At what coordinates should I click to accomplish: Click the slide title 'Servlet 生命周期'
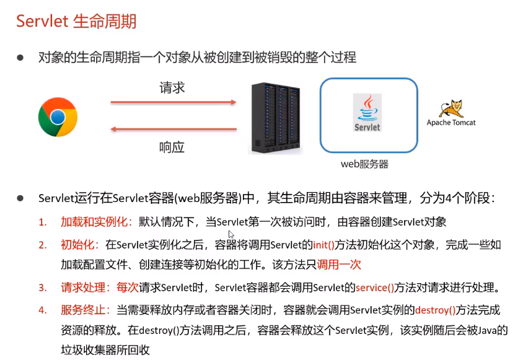(76, 21)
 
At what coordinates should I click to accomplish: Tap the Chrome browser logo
(58, 116)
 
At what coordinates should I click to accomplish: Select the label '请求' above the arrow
(172, 87)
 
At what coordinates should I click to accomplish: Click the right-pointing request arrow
(174, 102)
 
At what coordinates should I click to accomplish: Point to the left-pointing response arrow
(174, 130)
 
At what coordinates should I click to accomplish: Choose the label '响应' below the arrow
(172, 147)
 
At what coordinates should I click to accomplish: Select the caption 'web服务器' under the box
(365, 164)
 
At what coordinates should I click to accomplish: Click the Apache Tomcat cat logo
(451, 107)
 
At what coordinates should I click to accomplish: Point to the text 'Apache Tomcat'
(451, 123)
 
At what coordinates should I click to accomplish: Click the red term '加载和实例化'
(96, 222)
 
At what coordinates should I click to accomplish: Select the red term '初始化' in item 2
(81, 245)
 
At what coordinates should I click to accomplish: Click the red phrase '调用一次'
(339, 265)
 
